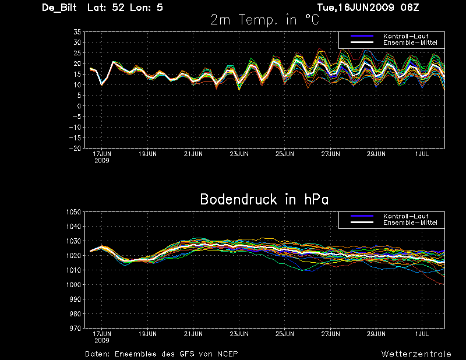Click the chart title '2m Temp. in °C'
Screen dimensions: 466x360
[264, 20]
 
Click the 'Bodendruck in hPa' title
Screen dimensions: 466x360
[264, 199]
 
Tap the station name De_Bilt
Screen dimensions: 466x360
[59, 8]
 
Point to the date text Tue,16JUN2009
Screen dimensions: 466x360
[355, 8]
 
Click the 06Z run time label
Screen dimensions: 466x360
[409, 8]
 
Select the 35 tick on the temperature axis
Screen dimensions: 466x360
[77, 32]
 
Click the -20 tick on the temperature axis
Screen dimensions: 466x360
[75, 148]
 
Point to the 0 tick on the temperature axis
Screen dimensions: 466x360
[79, 106]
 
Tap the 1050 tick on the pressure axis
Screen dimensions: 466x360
[73, 212]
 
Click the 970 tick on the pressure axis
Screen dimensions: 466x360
[75, 328]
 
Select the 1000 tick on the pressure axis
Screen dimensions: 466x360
[73, 284]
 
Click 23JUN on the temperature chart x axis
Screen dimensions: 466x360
[239, 154]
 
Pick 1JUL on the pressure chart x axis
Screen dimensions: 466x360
[422, 334]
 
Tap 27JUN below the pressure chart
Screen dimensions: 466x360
[330, 334]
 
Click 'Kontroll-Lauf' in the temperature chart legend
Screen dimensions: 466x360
[405, 36]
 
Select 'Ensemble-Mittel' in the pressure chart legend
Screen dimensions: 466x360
[410, 223]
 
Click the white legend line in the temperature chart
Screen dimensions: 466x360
[362, 43]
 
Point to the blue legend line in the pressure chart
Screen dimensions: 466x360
[362, 216]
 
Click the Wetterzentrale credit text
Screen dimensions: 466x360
[416, 354]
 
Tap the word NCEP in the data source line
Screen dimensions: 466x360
[227, 354]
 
